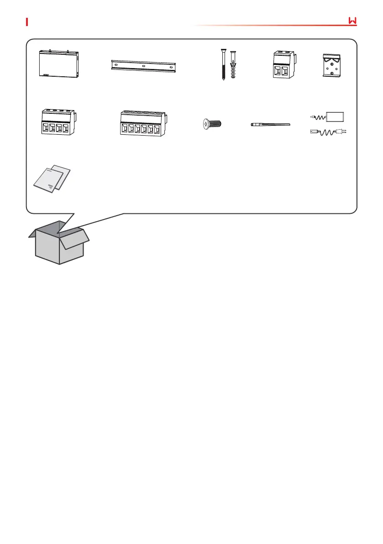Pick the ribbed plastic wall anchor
pyautogui.click(x=234, y=65)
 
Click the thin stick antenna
pyautogui.click(x=271, y=124)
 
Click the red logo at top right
pyautogui.click(x=352, y=21)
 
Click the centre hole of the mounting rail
pyautogui.click(x=143, y=65)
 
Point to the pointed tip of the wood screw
pyautogui.click(x=223, y=80)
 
